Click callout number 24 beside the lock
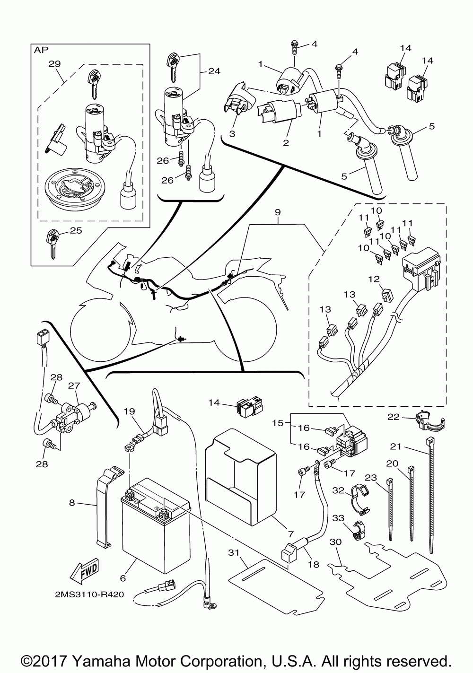click(213, 72)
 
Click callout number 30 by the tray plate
click(335, 542)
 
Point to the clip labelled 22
click(427, 419)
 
